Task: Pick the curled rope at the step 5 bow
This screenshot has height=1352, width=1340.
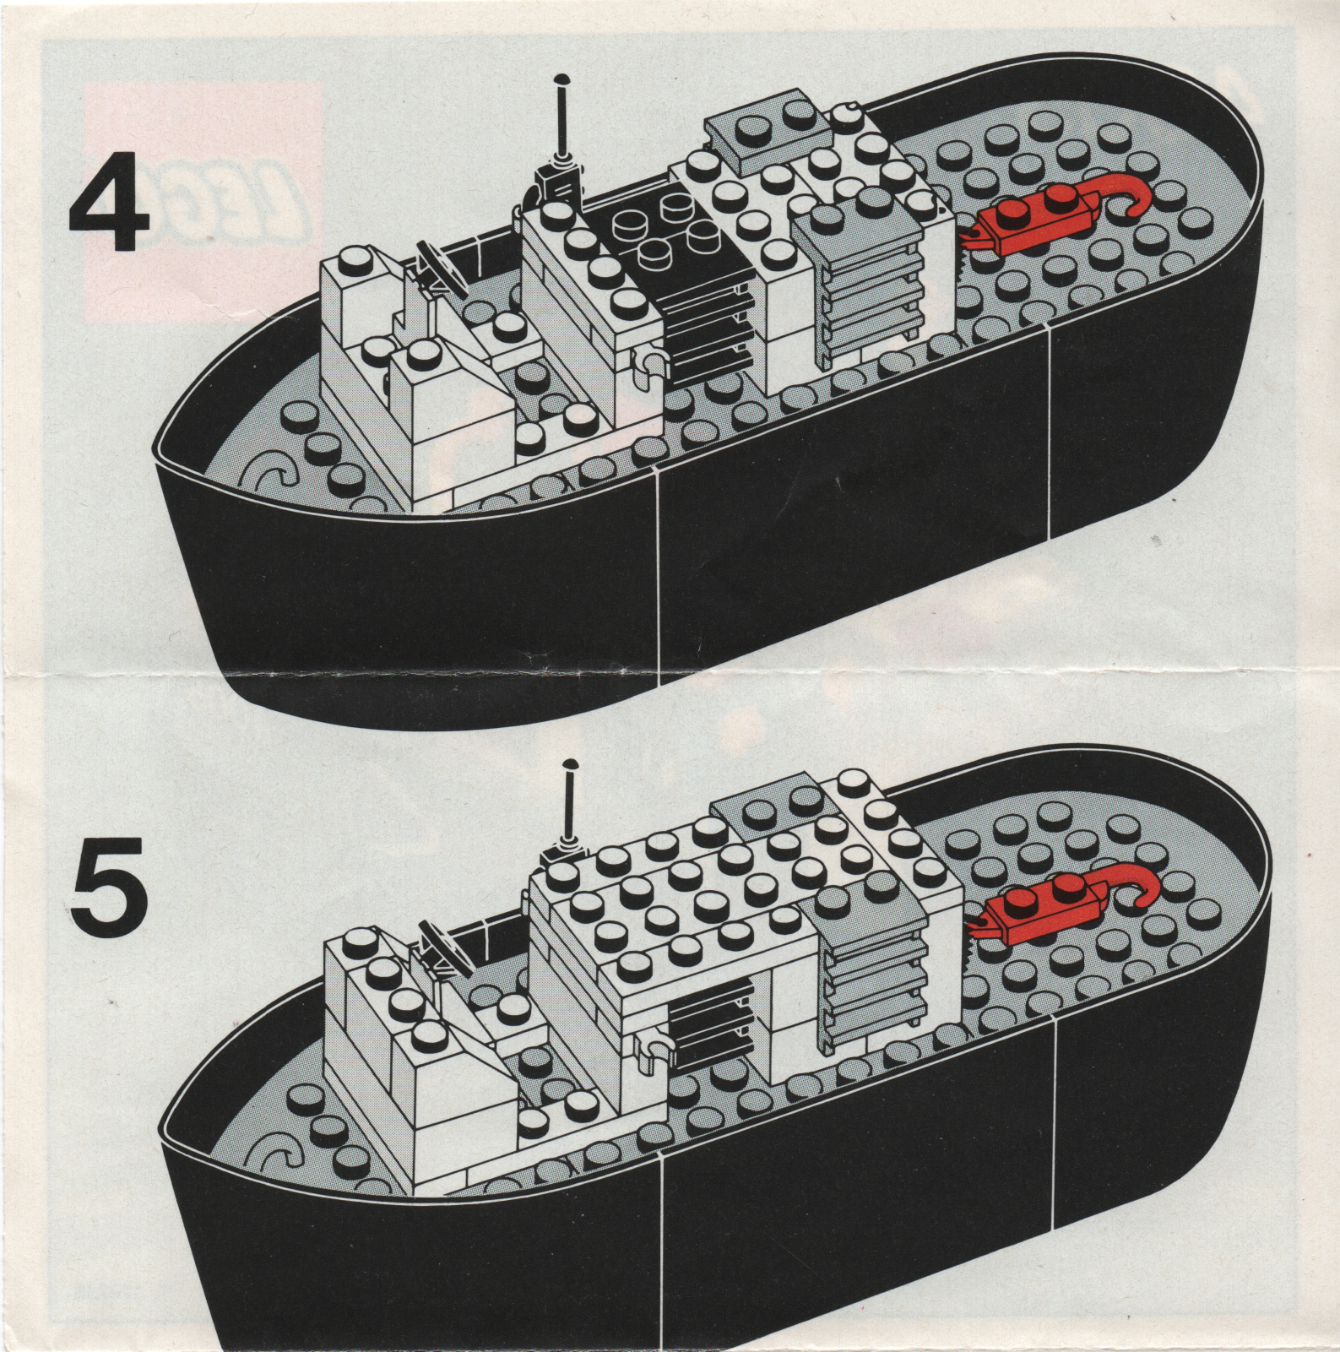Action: (x=279, y=1157)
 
